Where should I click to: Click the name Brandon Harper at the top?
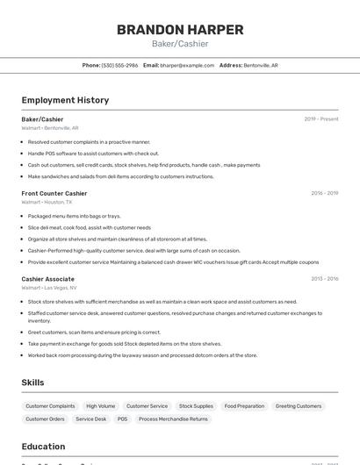[180, 29]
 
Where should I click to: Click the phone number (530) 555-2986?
[119, 65]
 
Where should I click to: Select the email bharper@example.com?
[187, 65]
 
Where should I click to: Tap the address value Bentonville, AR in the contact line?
[261, 65]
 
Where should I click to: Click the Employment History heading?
[65, 100]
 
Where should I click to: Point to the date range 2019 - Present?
[321, 118]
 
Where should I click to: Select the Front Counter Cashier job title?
[54, 193]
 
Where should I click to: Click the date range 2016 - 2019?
[324, 193]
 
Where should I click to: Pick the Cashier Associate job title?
[48, 279]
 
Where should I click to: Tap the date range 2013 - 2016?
[324, 279]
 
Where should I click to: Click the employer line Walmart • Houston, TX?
[47, 202]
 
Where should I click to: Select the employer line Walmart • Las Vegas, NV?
[49, 288]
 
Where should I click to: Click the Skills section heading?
[32, 383]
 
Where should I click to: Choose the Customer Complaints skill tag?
[50, 406]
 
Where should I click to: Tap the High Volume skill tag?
[101, 406]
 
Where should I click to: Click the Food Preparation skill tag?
[244, 406]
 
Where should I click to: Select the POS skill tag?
[122, 419]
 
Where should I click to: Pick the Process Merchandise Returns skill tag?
[173, 419]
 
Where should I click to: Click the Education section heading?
[44, 446]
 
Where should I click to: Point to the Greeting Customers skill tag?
[299, 406]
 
